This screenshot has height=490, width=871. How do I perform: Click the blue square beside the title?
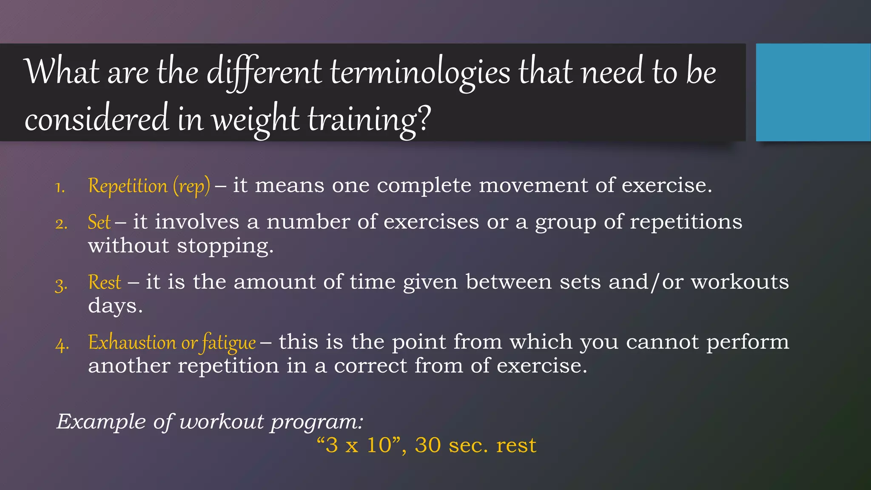pyautogui.click(x=813, y=92)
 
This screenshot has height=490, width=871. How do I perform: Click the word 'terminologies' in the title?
pyautogui.click(x=420, y=73)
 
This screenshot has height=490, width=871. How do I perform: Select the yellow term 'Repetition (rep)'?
pyautogui.click(x=149, y=186)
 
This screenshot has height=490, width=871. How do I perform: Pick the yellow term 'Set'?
pyautogui.click(x=99, y=222)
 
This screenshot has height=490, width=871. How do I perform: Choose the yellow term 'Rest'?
pyautogui.click(x=105, y=282)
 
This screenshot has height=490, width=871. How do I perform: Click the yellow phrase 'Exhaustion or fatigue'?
pyautogui.click(x=172, y=342)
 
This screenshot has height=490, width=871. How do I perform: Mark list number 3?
pyautogui.click(x=61, y=284)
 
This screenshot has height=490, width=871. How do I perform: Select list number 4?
pyautogui.click(x=62, y=344)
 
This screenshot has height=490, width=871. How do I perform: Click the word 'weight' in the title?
pyautogui.click(x=255, y=120)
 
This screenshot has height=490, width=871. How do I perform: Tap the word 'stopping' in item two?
pyautogui.click(x=225, y=246)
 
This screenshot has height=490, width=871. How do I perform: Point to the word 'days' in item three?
pyautogui.click(x=115, y=306)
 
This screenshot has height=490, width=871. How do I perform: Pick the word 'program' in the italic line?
pyautogui.click(x=317, y=422)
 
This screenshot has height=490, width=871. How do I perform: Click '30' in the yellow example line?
pyautogui.click(x=428, y=445)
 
